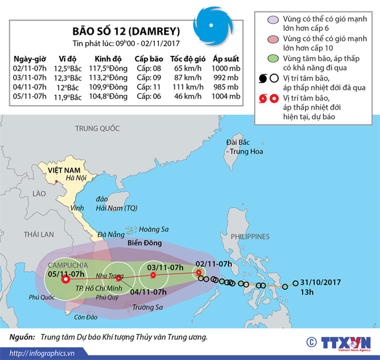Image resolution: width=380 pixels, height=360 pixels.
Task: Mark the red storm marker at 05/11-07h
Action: pos(65,280)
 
